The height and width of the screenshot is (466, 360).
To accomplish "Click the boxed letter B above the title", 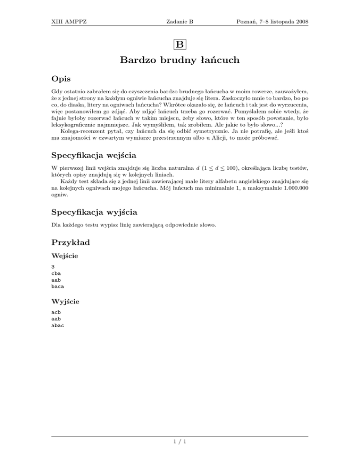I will click(180, 45).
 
